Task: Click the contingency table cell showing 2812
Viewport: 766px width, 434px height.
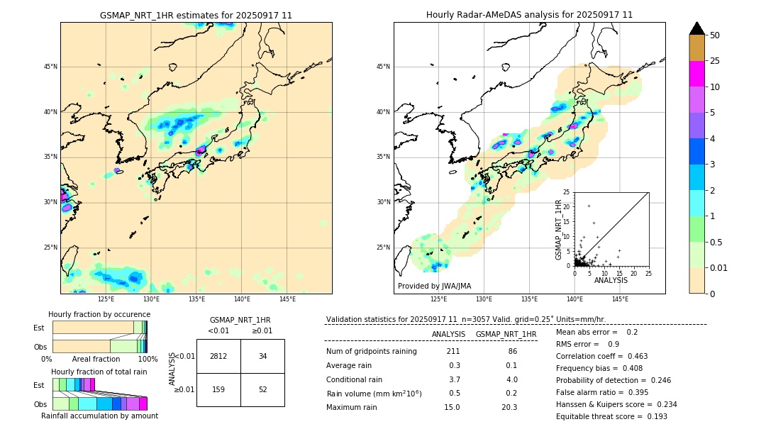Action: [x=218, y=356]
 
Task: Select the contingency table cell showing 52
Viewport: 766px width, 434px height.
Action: [x=262, y=389]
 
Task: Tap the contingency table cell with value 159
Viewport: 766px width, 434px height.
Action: [x=218, y=389]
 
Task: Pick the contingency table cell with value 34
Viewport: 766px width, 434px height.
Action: [x=262, y=356]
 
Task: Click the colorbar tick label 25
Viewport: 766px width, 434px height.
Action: [x=715, y=61]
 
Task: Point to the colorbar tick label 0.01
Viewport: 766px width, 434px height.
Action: [x=718, y=267]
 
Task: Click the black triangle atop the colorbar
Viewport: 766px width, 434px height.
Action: [x=697, y=28]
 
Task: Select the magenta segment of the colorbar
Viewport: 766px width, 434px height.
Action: [x=697, y=74]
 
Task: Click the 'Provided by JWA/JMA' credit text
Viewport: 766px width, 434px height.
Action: [x=434, y=286]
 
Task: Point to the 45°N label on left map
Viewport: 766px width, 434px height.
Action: [x=50, y=67]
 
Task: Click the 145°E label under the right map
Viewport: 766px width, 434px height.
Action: [x=620, y=299]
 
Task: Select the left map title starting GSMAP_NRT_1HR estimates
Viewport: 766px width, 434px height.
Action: [x=196, y=15]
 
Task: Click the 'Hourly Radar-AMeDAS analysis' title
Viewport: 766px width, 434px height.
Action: [x=529, y=15]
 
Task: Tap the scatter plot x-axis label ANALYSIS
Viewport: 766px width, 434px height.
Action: [x=611, y=280]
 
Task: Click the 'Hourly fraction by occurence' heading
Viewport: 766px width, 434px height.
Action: [x=99, y=314]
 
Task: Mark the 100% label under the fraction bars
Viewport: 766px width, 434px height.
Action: [x=148, y=359]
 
